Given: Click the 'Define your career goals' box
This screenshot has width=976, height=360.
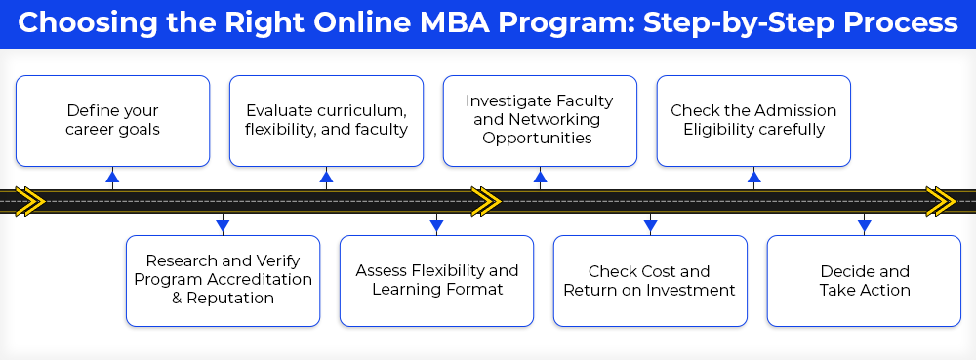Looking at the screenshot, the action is click(x=112, y=121).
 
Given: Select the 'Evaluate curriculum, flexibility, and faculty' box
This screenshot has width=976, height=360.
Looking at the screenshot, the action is click(x=326, y=121).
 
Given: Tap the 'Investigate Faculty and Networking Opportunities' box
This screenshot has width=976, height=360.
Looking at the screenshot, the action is click(x=540, y=121).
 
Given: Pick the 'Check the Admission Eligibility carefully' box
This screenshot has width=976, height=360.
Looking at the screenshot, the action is click(x=753, y=121).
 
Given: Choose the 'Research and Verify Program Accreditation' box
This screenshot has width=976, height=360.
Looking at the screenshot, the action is click(x=223, y=280).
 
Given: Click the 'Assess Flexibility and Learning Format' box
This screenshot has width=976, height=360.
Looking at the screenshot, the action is click(x=436, y=280).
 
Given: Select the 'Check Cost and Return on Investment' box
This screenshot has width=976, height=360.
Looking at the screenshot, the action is click(x=650, y=280).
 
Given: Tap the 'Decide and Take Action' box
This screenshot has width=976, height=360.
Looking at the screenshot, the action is click(x=864, y=280).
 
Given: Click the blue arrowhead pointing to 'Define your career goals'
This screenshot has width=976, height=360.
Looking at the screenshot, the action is click(x=112, y=177).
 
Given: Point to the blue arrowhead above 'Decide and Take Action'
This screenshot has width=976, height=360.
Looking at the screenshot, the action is click(x=864, y=226).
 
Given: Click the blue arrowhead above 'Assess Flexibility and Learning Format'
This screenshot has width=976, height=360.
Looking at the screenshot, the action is click(x=436, y=226).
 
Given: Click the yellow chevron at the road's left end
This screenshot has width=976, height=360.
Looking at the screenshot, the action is click(x=30, y=201).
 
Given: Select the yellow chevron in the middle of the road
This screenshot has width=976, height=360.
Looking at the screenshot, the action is click(x=485, y=201).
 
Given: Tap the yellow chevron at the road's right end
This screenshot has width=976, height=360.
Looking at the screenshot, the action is click(x=940, y=201).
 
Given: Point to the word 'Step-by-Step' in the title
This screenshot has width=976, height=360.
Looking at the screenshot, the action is click(x=737, y=23).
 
